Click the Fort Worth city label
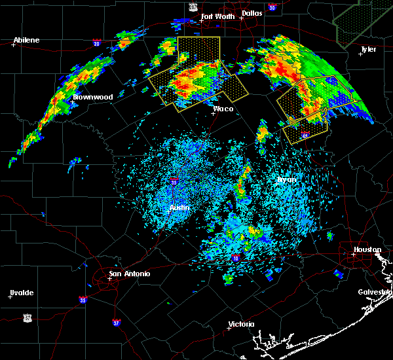pos(216,16)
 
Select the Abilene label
pos(26,40)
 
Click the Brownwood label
pos(92,97)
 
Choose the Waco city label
pos(223,109)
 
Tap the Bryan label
pos(286,179)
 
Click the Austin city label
pos(179,207)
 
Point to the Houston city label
pos(367,249)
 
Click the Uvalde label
pos(21,292)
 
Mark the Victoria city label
pos(240,325)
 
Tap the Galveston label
pos(375,292)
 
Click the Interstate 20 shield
pos(96,44)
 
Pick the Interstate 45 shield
pos(306,136)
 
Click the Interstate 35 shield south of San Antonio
pos(83,300)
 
